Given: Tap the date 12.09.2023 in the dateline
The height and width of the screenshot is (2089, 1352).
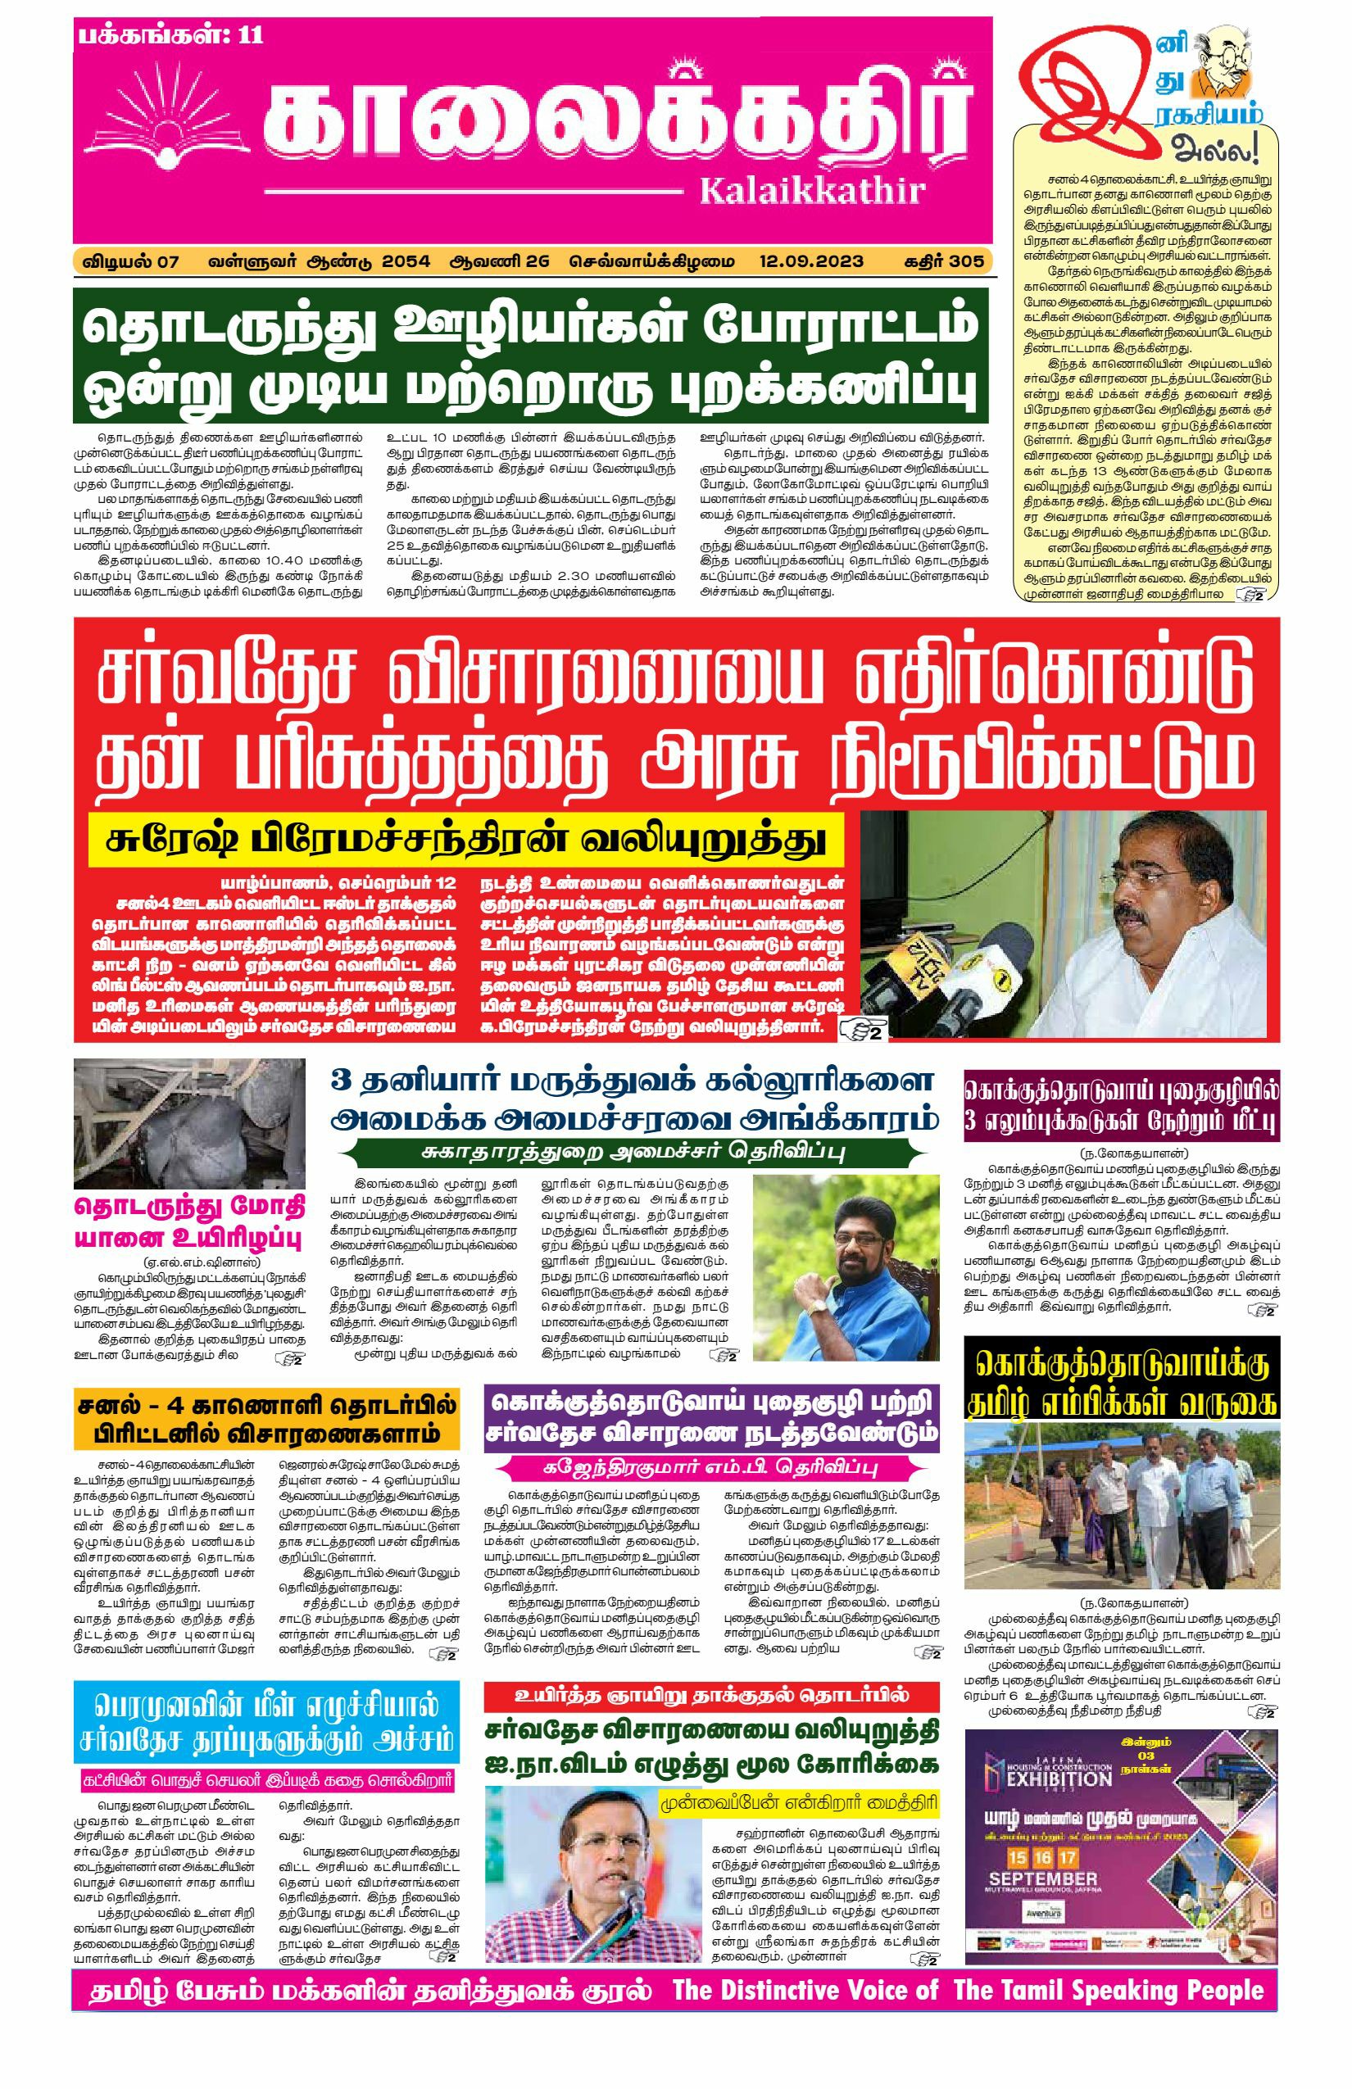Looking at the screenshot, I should point(811,261).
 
